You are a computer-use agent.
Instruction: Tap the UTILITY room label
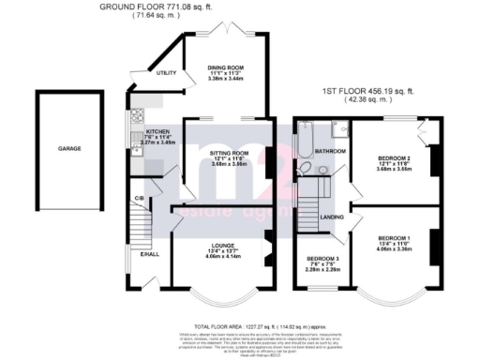(x=168, y=72)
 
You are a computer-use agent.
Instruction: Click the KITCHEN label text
(x=157, y=132)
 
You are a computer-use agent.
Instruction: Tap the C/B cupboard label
(x=139, y=199)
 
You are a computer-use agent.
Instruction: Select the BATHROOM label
(x=330, y=151)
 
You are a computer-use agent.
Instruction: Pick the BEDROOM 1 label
(x=394, y=238)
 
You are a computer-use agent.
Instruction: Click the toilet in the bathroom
(x=305, y=170)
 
